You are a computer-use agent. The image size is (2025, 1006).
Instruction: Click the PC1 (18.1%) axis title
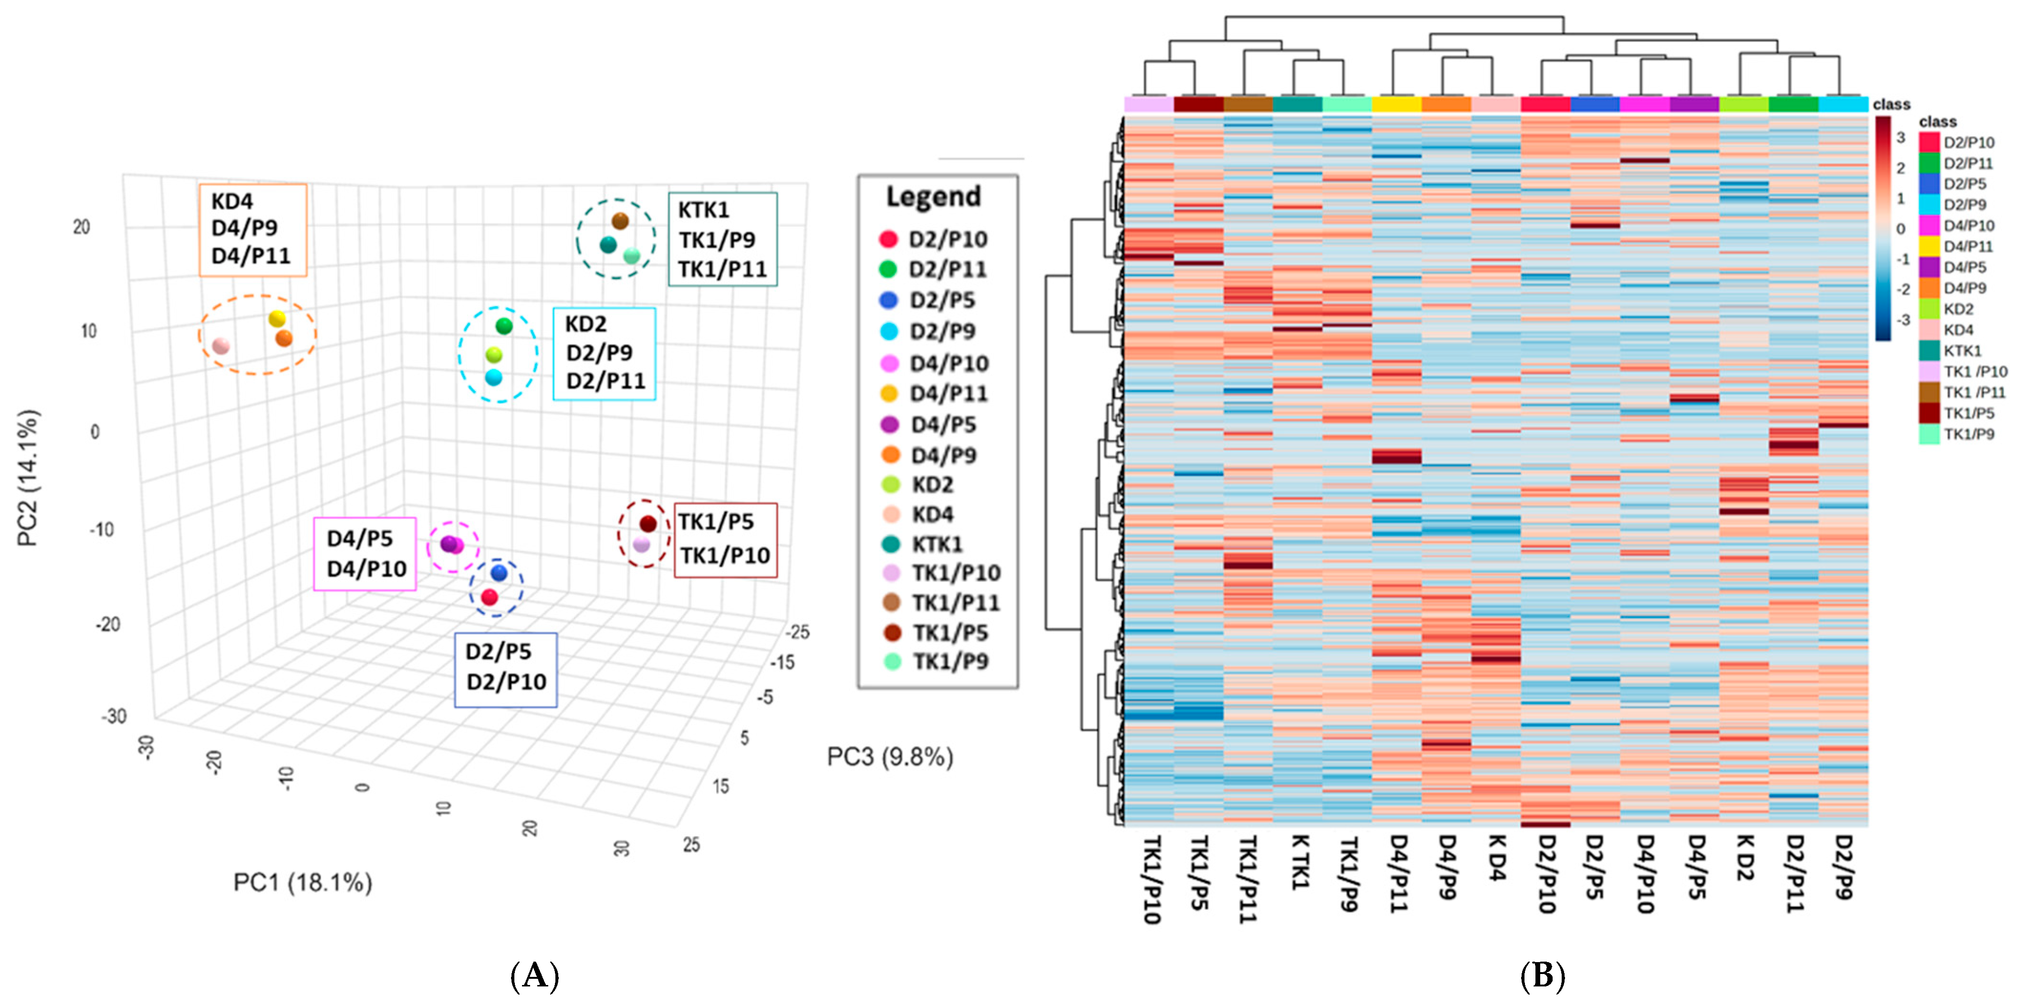pyautogui.click(x=303, y=882)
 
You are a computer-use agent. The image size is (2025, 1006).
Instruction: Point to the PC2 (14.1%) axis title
pyautogui.click(x=28, y=478)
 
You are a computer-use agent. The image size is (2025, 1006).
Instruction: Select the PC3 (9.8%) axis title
pyautogui.click(x=890, y=757)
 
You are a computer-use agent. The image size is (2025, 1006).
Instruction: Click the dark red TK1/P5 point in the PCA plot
pyautogui.click(x=648, y=524)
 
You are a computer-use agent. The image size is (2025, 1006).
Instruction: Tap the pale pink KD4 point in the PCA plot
pyautogui.click(x=221, y=346)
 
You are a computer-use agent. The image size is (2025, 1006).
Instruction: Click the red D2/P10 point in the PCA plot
pyautogui.click(x=490, y=597)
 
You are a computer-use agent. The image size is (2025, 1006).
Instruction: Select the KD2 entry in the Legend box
pyautogui.click(x=931, y=485)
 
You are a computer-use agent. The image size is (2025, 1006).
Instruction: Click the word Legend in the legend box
pyautogui.click(x=934, y=197)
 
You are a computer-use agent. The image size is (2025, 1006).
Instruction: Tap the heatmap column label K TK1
pyautogui.click(x=1299, y=862)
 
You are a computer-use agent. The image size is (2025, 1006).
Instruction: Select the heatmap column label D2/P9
pyautogui.click(x=1843, y=866)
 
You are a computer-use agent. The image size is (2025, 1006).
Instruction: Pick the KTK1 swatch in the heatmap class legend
pyautogui.click(x=1929, y=351)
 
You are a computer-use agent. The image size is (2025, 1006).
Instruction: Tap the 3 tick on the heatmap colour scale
pyautogui.click(x=1901, y=138)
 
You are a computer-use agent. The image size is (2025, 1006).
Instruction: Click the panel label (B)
pyautogui.click(x=1542, y=975)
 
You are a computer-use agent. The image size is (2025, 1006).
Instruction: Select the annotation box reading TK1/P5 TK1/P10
pyautogui.click(x=725, y=540)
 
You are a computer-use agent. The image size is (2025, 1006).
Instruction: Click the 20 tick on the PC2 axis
pyautogui.click(x=82, y=227)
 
